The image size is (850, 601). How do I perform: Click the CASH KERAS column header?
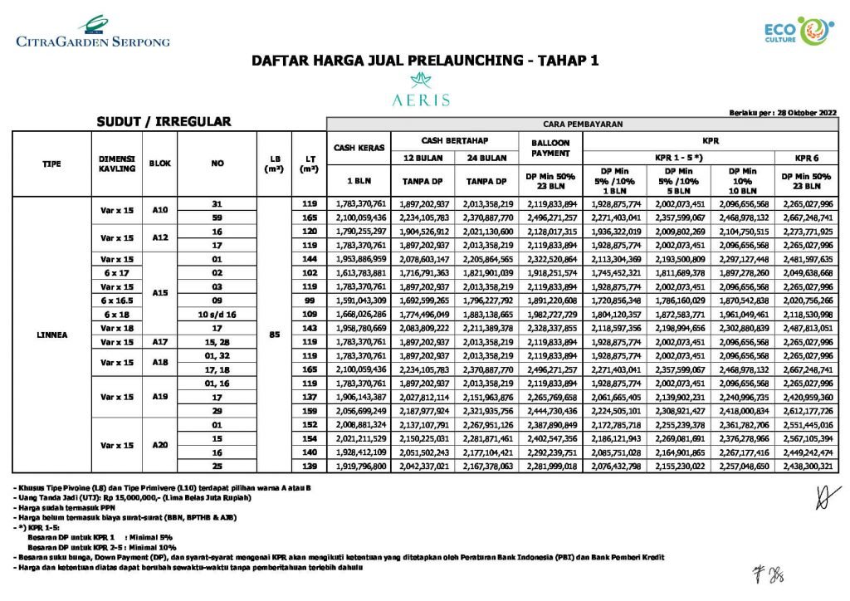point(360,148)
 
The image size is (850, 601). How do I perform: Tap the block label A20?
point(160,444)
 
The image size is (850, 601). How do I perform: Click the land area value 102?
point(310,272)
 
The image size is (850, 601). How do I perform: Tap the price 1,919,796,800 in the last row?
point(360,467)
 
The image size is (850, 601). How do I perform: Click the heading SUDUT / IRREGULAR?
point(163,122)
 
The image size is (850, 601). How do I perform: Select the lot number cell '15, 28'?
point(217,341)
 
